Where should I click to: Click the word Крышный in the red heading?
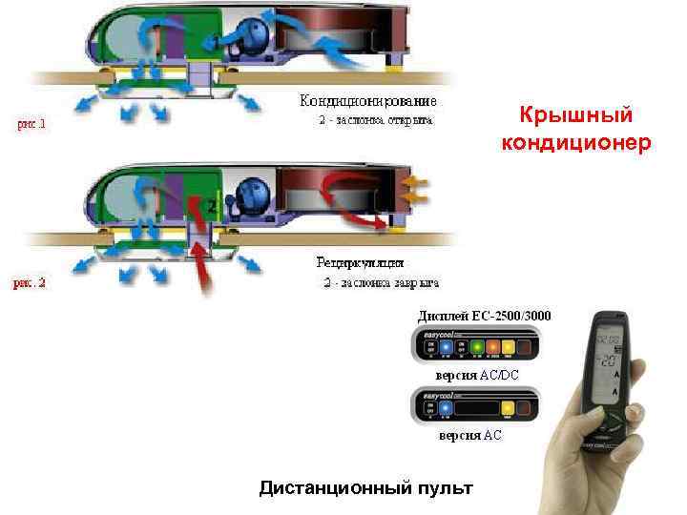[x=576, y=115]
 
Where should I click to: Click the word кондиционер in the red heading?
[x=576, y=143]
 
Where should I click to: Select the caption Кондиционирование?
[x=369, y=100]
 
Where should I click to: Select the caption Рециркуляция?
[x=360, y=261]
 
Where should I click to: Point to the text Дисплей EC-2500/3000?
[x=485, y=315]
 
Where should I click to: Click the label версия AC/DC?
[x=477, y=376]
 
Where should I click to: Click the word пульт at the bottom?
[x=444, y=488]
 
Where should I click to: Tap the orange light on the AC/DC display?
[x=492, y=347]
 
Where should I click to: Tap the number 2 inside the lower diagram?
[x=212, y=206]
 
